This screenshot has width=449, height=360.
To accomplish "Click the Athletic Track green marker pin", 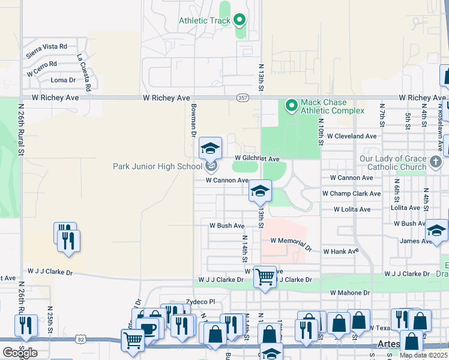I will point(240,21).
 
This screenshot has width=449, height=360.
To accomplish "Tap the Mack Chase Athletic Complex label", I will point(332,106).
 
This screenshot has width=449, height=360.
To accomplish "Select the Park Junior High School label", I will point(157,166).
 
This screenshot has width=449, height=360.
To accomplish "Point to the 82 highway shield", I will point(80,340).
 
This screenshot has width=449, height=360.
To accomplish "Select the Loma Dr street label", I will point(64,80).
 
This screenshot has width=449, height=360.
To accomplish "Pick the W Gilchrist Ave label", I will point(257,159).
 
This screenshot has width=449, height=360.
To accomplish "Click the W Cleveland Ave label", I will point(352,136).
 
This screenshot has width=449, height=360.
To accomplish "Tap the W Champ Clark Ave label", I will point(351,194).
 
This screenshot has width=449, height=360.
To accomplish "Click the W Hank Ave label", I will point(341,251).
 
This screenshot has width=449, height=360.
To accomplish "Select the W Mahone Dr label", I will point(350,293).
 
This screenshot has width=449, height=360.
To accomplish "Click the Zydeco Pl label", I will point(200,302).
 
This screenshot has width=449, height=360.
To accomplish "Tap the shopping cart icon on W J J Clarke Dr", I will point(265,278).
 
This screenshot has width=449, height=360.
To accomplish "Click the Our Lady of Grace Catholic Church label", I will point(393,163).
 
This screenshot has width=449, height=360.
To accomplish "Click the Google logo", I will point(20,352).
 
